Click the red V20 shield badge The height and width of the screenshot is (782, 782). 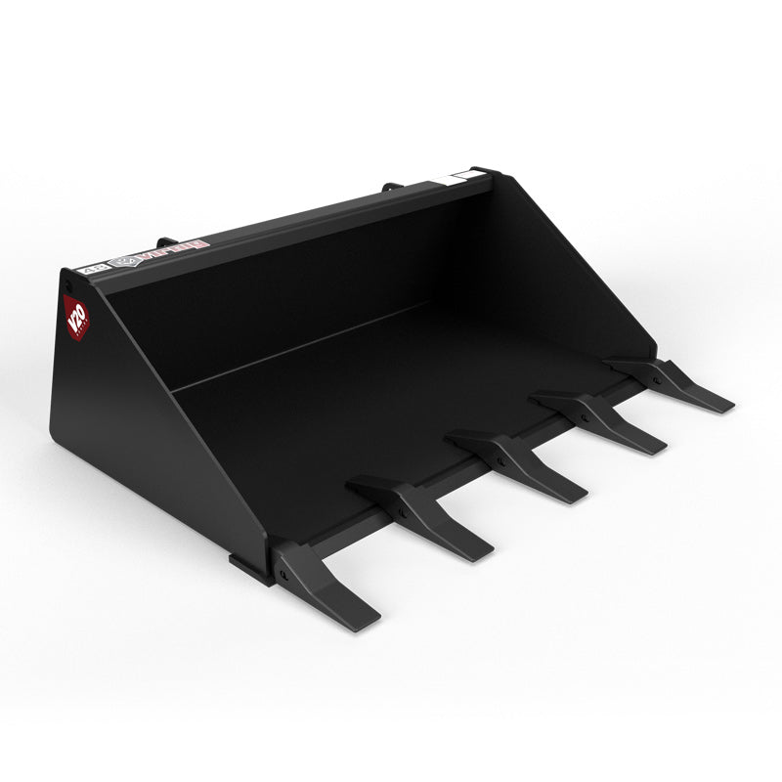click(x=74, y=315)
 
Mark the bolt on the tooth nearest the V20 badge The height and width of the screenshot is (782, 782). click(x=282, y=574)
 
